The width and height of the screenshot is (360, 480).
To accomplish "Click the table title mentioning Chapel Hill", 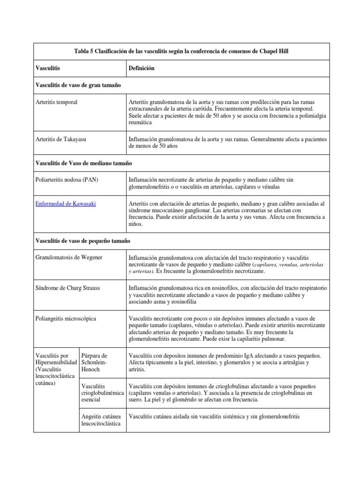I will pyautogui.click(x=182, y=51).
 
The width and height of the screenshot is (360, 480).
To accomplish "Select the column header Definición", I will pyautogui.click(x=141, y=68).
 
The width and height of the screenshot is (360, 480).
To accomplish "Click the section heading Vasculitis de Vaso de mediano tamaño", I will pyautogui.click(x=84, y=163).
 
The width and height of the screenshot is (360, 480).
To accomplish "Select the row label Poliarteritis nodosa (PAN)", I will pyautogui.click(x=67, y=180).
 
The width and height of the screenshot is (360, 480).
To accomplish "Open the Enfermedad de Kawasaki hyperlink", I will pyautogui.click(x=66, y=204).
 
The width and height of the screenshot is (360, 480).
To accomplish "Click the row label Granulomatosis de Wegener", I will pyautogui.click(x=68, y=257).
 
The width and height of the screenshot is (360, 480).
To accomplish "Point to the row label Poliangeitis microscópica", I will pyautogui.click(x=66, y=319).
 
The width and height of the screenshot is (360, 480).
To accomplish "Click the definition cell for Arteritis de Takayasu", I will pyautogui.click(x=227, y=142).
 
